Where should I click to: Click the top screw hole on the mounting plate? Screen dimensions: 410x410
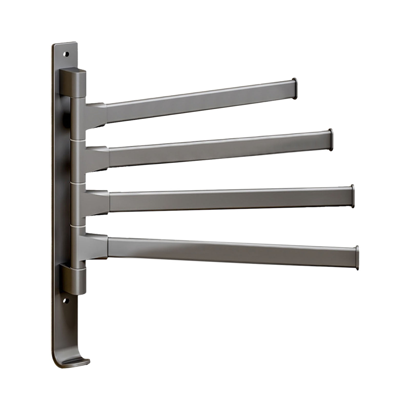pos(67,54)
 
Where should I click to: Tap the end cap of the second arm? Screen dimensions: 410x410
pos(331,139)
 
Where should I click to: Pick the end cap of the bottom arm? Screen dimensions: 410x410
pos(357,258)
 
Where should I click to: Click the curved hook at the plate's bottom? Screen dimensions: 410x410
pos(77,360)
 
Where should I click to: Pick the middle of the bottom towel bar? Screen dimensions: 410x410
pos(232,251)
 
